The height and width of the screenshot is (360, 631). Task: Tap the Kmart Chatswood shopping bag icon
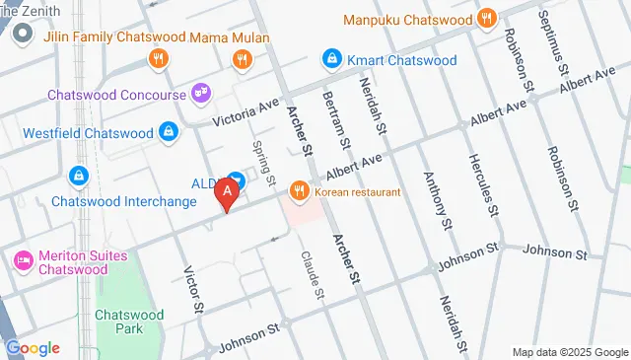pyautogui.click(x=333, y=60)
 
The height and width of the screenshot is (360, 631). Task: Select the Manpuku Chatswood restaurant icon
pyautogui.click(x=486, y=19)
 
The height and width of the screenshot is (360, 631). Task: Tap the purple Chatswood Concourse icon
pyautogui.click(x=201, y=95)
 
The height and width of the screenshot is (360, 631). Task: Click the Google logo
pyautogui.click(x=33, y=348)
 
